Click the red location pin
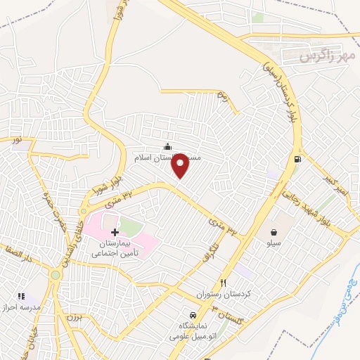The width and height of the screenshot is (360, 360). pos(181,166)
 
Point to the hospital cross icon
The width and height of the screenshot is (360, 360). pos(115,231)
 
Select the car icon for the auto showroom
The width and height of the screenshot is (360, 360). pos(191,314)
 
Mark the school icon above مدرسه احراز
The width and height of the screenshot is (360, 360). pos(21,297)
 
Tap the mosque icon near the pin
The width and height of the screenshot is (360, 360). pos(167,146)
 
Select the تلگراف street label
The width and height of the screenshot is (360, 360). pos(202,246)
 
